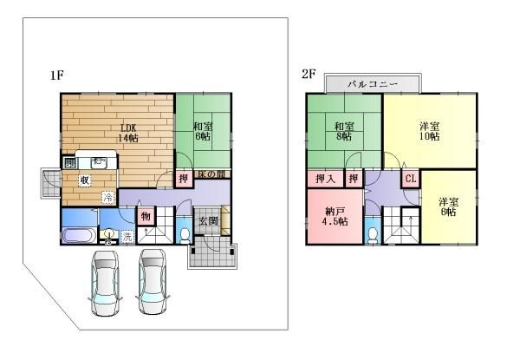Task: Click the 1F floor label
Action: (57, 75)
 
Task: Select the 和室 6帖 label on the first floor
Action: (203, 132)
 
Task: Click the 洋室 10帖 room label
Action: (428, 131)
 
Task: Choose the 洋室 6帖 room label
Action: (449, 206)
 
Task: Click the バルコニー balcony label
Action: (372, 84)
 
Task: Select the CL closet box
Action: (411, 179)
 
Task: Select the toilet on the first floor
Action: (185, 233)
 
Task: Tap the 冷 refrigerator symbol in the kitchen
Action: (108, 198)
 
